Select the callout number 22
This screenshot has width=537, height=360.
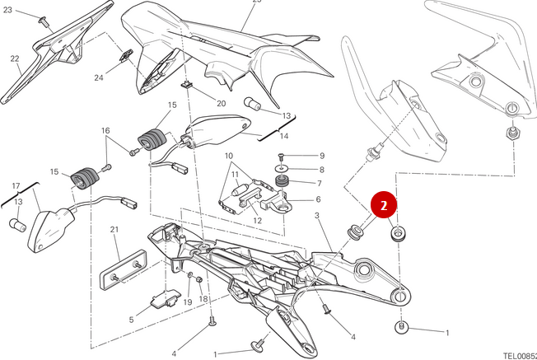pyautogui.click(x=15, y=58)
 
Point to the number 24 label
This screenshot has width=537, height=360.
pyautogui.click(x=99, y=78)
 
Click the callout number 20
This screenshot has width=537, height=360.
pyautogui.click(x=221, y=104)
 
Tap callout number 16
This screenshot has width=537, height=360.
pyautogui.click(x=105, y=131)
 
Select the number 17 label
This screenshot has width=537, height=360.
pyautogui.click(x=16, y=185)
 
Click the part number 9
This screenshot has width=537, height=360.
pyautogui.click(x=321, y=156)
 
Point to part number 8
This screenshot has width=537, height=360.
pyautogui.click(x=321, y=170)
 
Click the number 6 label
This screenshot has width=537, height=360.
pyautogui.click(x=319, y=199)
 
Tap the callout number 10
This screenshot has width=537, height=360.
pyautogui.click(x=230, y=156)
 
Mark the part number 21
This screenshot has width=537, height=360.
pyautogui.click(x=115, y=229)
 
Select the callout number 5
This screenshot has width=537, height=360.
pyautogui.click(x=131, y=320)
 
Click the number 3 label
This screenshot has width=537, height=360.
pyautogui.click(x=316, y=215)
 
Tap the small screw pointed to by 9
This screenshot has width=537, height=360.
pyautogui.click(x=282, y=156)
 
